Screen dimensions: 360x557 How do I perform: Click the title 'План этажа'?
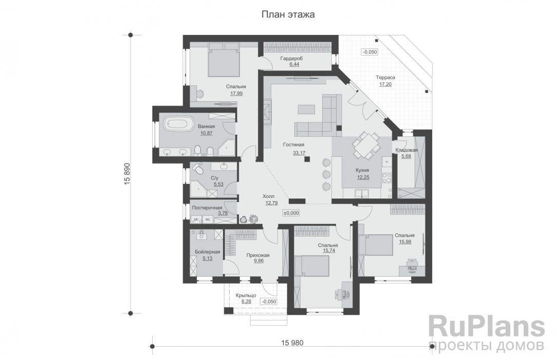point(288,15)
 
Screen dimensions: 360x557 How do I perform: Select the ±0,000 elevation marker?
point(291,212)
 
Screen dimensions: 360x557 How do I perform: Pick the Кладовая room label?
point(406,150)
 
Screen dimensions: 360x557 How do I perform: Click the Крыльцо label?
point(246,295)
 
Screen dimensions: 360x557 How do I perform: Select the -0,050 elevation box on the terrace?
point(369,52)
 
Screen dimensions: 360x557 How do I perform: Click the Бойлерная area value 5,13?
point(208,258)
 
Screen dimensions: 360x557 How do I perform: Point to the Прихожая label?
point(257,255)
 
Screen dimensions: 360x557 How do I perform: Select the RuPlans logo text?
point(486,327)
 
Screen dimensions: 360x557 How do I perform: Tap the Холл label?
point(269,196)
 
